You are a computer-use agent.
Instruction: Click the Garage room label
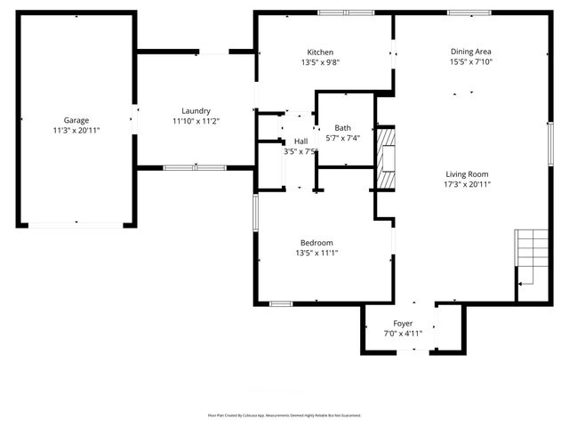tap(76, 120)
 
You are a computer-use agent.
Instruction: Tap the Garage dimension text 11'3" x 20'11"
tap(76, 131)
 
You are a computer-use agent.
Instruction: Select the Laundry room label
tap(195, 110)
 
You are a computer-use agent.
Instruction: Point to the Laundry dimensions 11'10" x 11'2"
tap(195, 121)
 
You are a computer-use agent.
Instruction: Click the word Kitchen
tap(320, 52)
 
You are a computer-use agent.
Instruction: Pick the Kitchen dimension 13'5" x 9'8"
tap(320, 62)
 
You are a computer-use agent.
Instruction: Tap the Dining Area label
tap(470, 52)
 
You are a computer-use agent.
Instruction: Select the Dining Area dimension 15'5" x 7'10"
tap(470, 62)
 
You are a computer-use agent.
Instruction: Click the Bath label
tap(342, 128)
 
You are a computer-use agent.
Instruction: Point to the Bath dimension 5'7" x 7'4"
tap(342, 139)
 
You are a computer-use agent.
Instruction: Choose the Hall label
tap(301, 141)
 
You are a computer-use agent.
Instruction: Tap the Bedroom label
tap(317, 243)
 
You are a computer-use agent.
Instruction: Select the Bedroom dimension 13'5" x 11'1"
tap(317, 254)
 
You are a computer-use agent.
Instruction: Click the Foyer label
tap(403, 323)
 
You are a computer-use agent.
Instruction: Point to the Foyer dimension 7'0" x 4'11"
tap(403, 334)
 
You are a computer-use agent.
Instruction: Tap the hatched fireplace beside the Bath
tap(386, 159)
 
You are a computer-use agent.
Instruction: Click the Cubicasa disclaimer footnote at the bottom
tap(284, 415)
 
